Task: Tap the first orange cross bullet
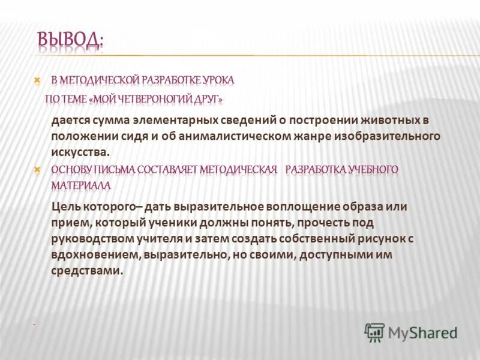(x=37, y=79)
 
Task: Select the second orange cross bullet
(x=37, y=170)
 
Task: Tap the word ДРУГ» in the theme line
(x=210, y=98)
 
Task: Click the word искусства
(x=80, y=151)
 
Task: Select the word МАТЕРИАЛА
(x=81, y=185)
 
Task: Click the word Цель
(x=67, y=206)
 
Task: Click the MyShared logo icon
(x=375, y=332)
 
